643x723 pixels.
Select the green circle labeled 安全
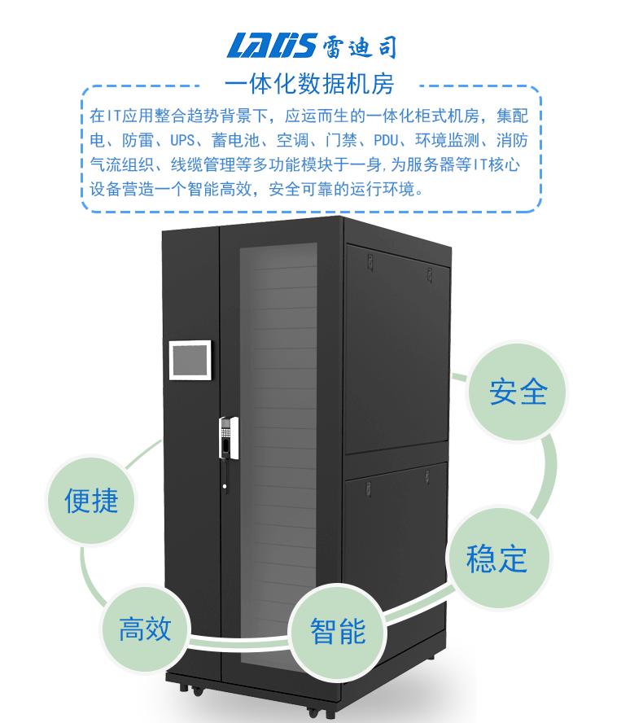click(518, 392)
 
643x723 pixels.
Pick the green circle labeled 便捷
click(92, 499)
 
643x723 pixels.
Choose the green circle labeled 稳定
click(496, 559)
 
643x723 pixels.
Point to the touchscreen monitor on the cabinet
click(189, 360)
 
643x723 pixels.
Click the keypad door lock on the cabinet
click(227, 439)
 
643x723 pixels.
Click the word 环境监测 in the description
click(449, 139)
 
